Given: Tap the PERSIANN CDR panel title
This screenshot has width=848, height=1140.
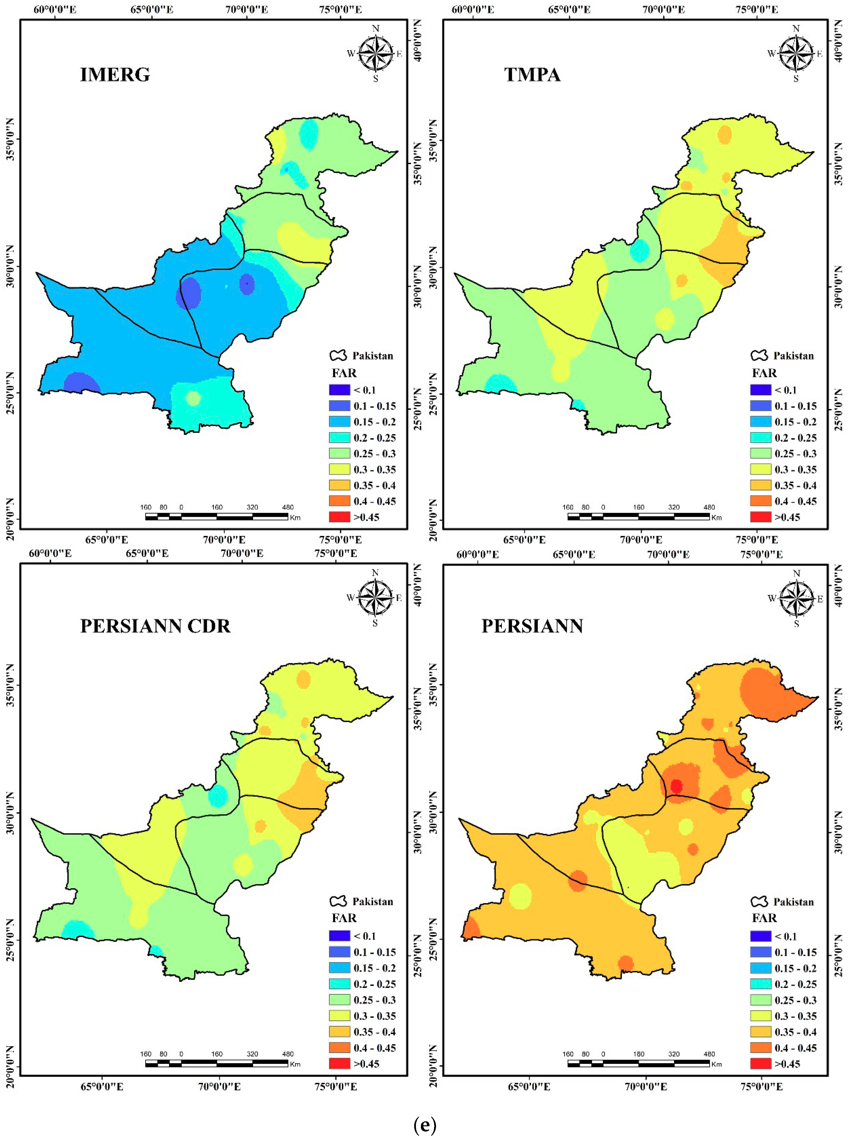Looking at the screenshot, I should [155, 626].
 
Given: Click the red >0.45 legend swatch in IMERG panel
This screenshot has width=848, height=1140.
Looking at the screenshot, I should [339, 517].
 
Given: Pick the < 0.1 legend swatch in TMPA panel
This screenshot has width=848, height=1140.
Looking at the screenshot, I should [760, 390].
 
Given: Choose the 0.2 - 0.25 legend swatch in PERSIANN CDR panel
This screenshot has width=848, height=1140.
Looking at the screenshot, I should [339, 984].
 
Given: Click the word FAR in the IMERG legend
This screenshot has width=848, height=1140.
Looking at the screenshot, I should [344, 373].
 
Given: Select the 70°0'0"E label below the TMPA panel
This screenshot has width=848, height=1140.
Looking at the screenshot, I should [641, 540].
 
